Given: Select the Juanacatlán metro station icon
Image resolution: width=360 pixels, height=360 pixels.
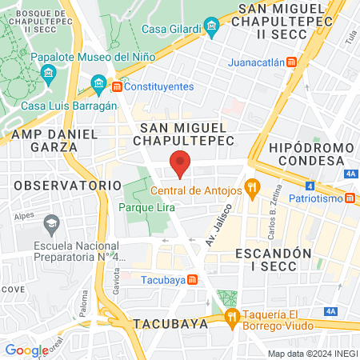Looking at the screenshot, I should [x=293, y=61].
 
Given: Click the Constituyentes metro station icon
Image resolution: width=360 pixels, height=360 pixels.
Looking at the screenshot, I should [x=117, y=86].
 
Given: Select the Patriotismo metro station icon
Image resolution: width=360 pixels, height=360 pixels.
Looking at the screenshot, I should [x=350, y=198].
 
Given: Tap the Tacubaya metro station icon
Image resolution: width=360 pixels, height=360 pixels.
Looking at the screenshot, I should [x=193, y=279].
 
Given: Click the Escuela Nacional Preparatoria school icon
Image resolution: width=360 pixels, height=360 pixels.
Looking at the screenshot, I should [x=53, y=222].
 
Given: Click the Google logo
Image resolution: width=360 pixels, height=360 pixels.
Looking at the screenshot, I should [x=26, y=350].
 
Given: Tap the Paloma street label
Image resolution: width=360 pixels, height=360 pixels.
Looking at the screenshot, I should [x=83, y=304].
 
